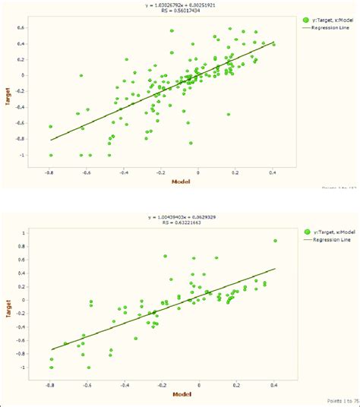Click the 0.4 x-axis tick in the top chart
[x=273, y=172]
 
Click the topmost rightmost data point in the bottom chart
[x=275, y=241]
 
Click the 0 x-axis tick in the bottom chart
[x=199, y=384]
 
